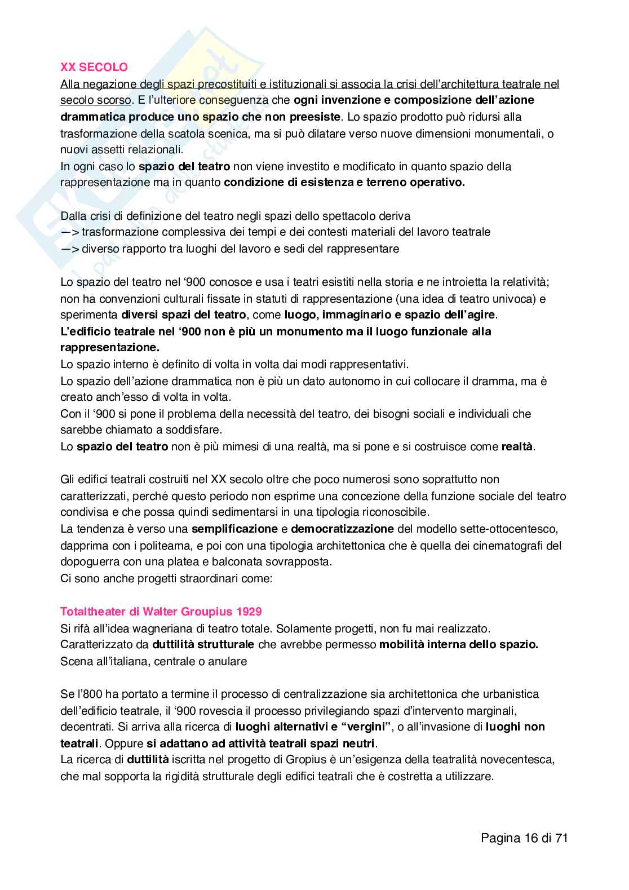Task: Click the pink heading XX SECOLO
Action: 94,67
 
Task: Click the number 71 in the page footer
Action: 560,838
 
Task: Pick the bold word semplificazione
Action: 234,529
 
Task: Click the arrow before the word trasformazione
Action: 69,232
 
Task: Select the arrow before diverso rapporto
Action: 69,249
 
